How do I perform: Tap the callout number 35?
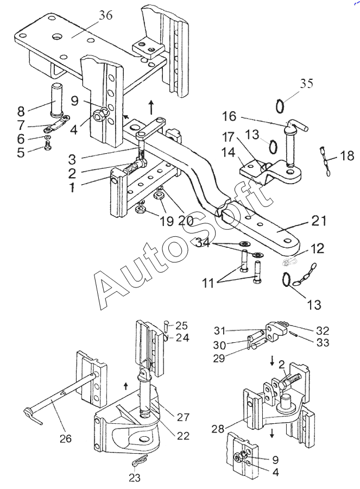tap(306, 84)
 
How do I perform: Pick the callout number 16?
tap(229, 116)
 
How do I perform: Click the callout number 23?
tap(134, 478)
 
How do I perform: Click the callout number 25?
tap(181, 325)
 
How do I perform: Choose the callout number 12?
tap(317, 249)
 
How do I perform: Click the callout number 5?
tap(21, 153)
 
